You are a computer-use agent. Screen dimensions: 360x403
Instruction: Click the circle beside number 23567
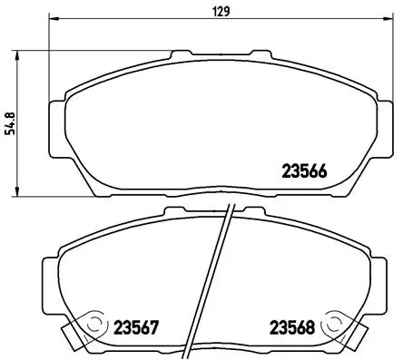pyautogui.click(x=93, y=323)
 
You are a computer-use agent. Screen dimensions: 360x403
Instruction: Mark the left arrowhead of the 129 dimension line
pyautogui.click(x=51, y=21)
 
